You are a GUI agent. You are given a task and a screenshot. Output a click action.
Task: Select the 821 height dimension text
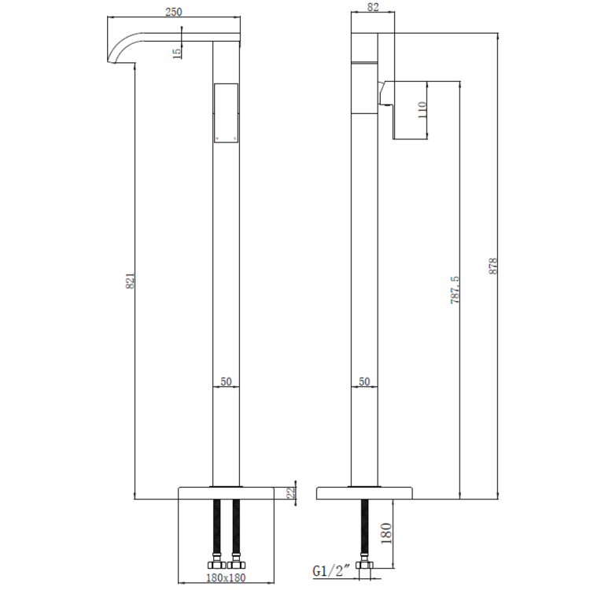pyautogui.click(x=131, y=281)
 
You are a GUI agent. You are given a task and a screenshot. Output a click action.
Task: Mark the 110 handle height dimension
pyautogui.click(x=422, y=108)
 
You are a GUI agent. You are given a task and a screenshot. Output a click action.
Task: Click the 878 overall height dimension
pyautogui.click(x=494, y=265)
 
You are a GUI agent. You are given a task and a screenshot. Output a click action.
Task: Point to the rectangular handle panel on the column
pyautogui.click(x=226, y=112)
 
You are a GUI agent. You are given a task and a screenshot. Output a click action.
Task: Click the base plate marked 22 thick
pyautogui.click(x=227, y=492)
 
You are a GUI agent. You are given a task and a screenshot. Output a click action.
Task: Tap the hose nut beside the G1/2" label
pyautogui.click(x=363, y=565)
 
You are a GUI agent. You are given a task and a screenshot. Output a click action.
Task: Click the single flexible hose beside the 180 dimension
pyautogui.click(x=363, y=527)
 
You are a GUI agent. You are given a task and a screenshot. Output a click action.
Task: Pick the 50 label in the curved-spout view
pyautogui.click(x=226, y=381)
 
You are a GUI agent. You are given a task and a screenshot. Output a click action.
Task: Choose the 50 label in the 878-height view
pyautogui.click(x=363, y=381)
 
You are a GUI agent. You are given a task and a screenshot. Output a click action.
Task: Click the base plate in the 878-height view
pyautogui.click(x=363, y=492)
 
